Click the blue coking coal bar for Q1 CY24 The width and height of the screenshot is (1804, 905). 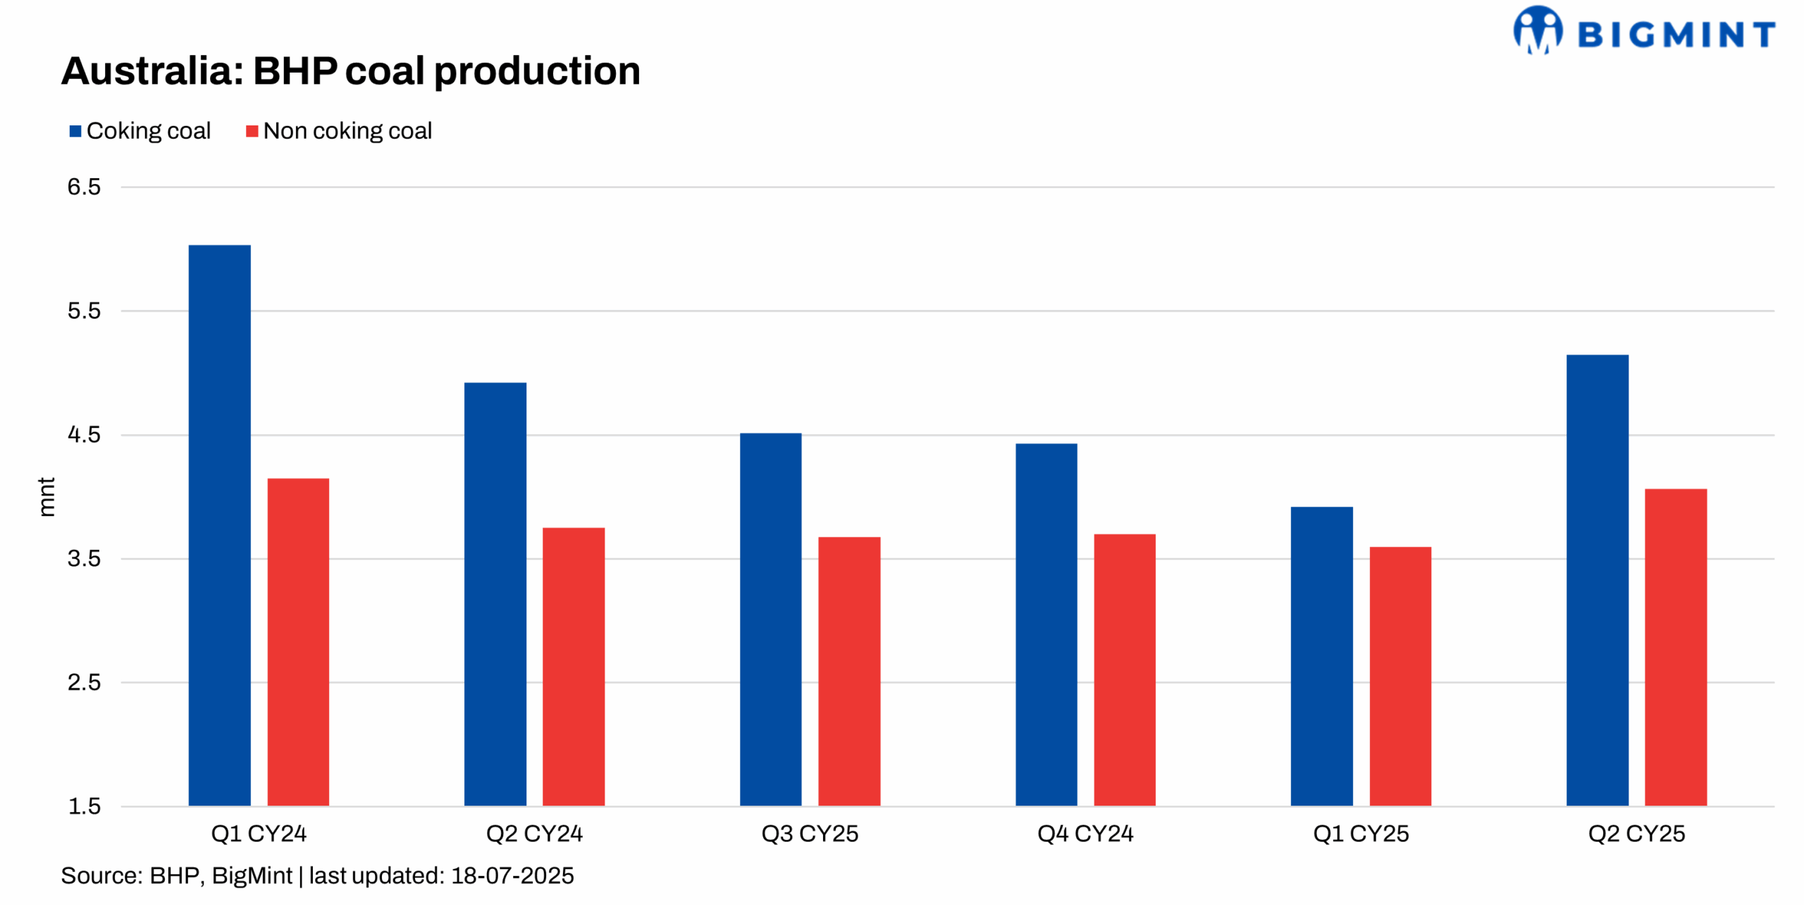coord(219,525)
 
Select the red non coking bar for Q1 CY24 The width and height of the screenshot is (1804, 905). coord(298,641)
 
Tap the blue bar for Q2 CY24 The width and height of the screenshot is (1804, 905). coord(495,593)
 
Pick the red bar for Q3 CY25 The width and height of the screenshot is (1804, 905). coord(848,671)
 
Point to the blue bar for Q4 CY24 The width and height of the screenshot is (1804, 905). coord(1046,624)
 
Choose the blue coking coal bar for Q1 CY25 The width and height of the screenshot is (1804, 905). coord(1321,655)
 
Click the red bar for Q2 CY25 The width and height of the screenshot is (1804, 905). coord(1675,646)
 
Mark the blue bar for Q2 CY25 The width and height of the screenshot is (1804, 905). coord(1597,579)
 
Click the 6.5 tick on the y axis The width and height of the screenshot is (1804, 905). coord(84,187)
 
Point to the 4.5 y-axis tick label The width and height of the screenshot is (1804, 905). coord(84,435)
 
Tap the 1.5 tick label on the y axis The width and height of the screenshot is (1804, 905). coord(84,806)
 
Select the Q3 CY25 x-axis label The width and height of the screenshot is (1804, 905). coord(809,834)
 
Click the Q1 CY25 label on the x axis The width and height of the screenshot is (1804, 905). coord(1360,834)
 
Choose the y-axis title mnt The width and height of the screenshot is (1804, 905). coord(46,496)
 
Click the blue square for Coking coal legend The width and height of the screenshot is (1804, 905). coord(75,131)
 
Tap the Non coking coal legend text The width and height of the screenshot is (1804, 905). coord(347,131)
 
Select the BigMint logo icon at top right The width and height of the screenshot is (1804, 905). coord(1537,30)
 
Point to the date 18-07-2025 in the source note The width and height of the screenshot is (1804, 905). coord(512,875)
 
